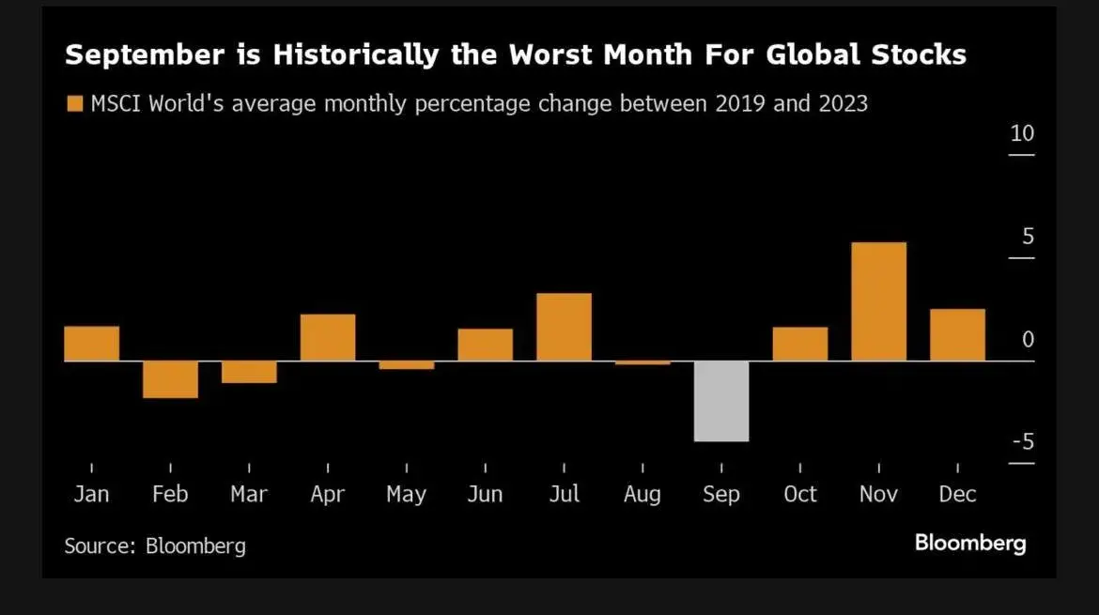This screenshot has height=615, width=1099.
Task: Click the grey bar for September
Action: click(x=721, y=401)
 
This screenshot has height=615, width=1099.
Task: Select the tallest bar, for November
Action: click(x=878, y=301)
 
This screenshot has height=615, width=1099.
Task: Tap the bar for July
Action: click(x=564, y=327)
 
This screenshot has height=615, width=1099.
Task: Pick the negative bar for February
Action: click(x=170, y=379)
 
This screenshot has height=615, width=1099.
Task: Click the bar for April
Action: click(x=328, y=337)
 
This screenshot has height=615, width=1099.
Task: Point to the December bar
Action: click(x=957, y=334)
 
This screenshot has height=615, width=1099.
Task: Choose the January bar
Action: click(x=91, y=343)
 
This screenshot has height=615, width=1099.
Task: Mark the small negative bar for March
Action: click(x=249, y=372)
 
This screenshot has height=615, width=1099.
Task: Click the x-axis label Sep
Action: click(x=721, y=494)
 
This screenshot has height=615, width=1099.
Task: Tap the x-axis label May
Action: click(x=406, y=495)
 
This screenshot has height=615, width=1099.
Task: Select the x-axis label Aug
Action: click(x=642, y=495)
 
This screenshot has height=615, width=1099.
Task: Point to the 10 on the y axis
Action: click(x=1022, y=133)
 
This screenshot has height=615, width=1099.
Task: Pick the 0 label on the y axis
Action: click(x=1028, y=339)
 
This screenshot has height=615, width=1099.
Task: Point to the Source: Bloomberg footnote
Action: click(x=155, y=546)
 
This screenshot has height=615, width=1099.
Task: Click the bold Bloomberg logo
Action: click(x=970, y=543)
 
